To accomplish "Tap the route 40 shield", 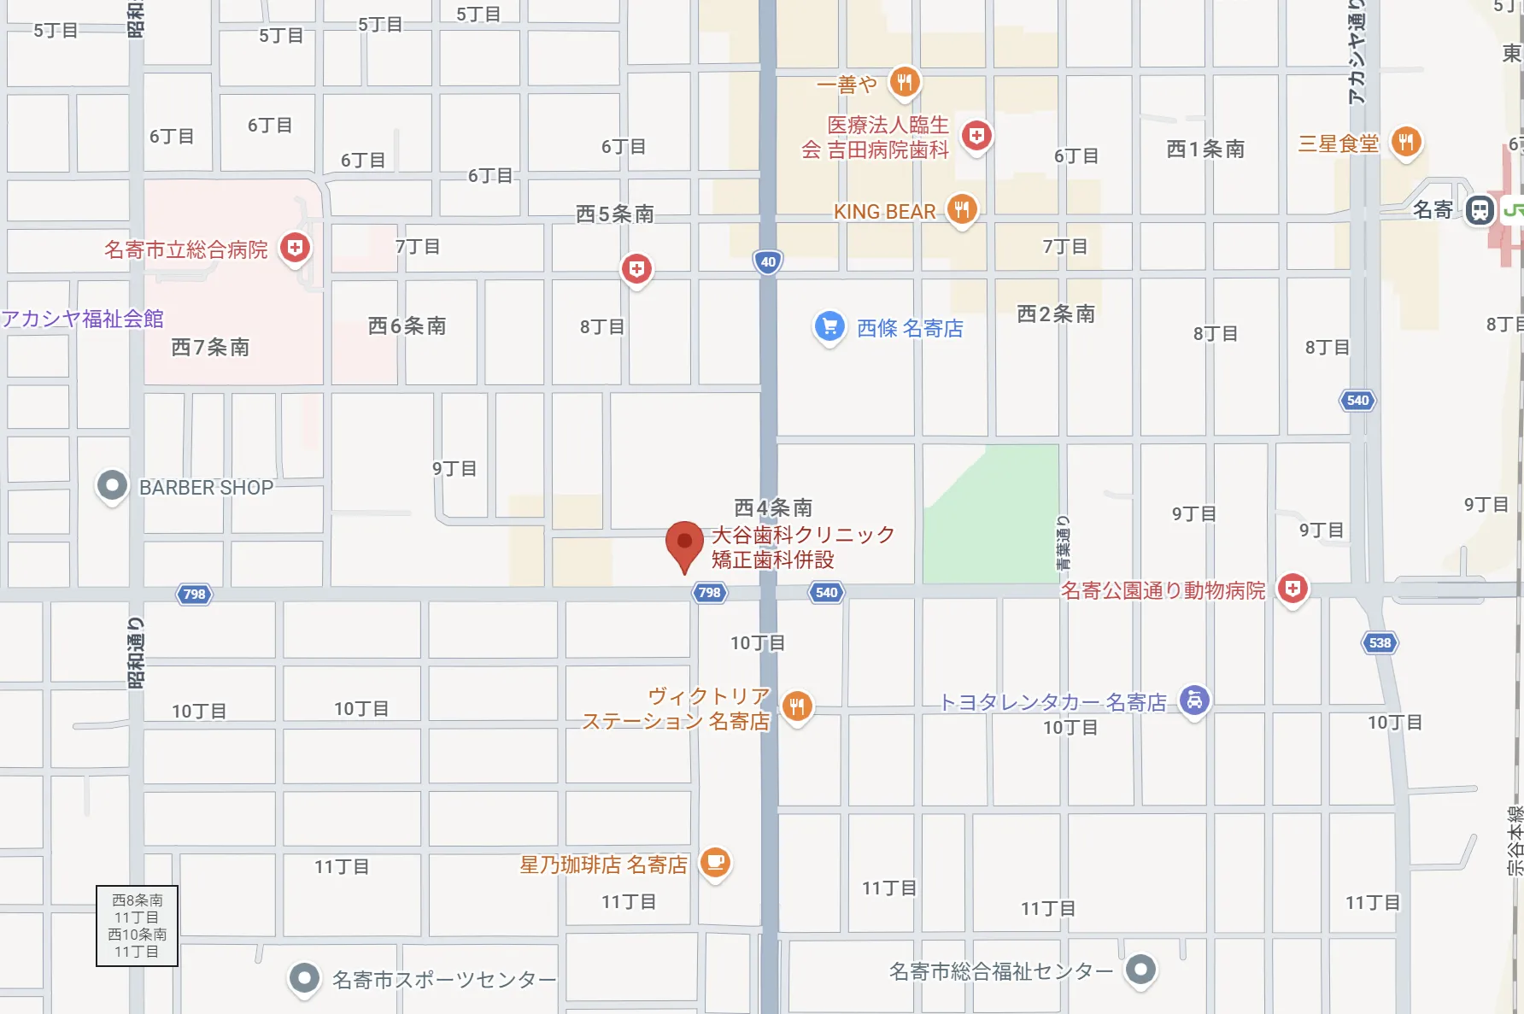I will [768, 262].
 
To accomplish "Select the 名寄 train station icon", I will [1480, 209].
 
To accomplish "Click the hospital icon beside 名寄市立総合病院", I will [295, 249].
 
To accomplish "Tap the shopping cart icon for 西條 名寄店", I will [829, 326].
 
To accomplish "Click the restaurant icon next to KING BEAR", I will [962, 208].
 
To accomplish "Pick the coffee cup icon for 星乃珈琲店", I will [715, 862].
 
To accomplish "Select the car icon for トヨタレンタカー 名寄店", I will [1194, 700].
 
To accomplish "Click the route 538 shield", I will [1380, 642].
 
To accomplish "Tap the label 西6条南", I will [407, 325].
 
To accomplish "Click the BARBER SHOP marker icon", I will [112, 486].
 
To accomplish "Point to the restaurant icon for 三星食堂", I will [1405, 142].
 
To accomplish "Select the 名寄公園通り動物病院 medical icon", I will [1292, 589].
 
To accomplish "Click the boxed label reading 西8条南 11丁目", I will [137, 925].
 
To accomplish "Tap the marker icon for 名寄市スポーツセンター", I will [304, 977].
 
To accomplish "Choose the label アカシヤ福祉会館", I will [82, 319].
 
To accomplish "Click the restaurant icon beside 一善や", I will [904, 83].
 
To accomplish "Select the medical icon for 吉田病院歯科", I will [976, 136].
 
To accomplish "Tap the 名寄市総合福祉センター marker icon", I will [1140, 970].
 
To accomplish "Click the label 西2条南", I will [1056, 314].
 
